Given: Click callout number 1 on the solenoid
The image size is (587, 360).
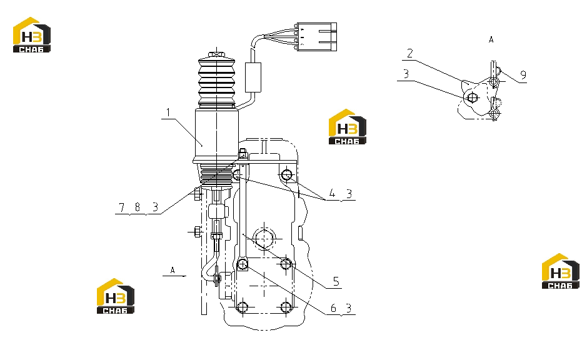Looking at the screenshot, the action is click(168, 112).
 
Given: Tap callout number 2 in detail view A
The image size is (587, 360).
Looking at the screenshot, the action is click(410, 54).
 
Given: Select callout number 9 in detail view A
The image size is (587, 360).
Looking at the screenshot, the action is click(523, 75).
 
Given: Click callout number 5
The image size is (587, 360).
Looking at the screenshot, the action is click(336, 281).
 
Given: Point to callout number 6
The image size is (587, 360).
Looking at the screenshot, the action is click(333, 308).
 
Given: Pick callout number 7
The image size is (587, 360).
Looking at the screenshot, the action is click(121, 207).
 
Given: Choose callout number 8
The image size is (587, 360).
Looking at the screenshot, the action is click(138, 207).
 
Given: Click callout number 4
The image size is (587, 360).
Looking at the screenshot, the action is click(332, 194).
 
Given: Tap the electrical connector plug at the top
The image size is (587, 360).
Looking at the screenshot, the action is click(317, 37).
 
